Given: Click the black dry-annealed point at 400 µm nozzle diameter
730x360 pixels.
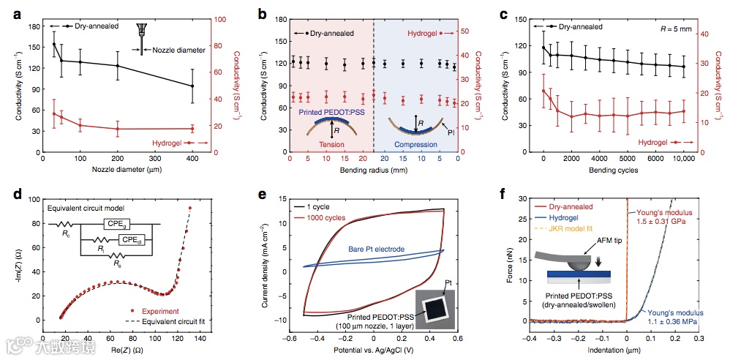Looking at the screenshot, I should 192,86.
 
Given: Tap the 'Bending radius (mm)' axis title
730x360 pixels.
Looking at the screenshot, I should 374,170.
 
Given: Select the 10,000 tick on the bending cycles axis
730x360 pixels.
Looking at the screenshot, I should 683,158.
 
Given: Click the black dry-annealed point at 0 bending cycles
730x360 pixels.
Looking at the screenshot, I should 543,48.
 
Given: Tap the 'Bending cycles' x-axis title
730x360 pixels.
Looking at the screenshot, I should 613,170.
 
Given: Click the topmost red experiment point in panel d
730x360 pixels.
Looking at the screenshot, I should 190,208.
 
